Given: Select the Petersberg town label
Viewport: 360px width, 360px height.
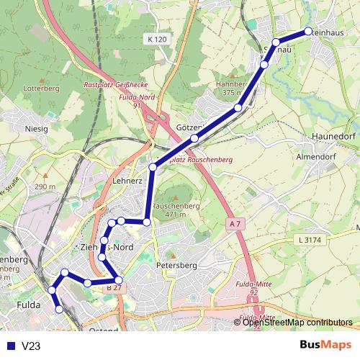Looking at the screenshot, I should (176, 266).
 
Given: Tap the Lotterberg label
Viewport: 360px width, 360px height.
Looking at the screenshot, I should (41, 89).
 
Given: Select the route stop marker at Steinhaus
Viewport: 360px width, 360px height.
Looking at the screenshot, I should (308, 31).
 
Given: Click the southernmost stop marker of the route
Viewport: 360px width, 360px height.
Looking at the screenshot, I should (60, 309).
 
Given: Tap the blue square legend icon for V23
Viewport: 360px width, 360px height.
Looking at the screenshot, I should (9, 346).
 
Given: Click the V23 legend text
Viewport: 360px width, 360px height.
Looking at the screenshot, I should (30, 346).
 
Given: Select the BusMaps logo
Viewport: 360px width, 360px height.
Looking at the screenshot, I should (325, 346).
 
